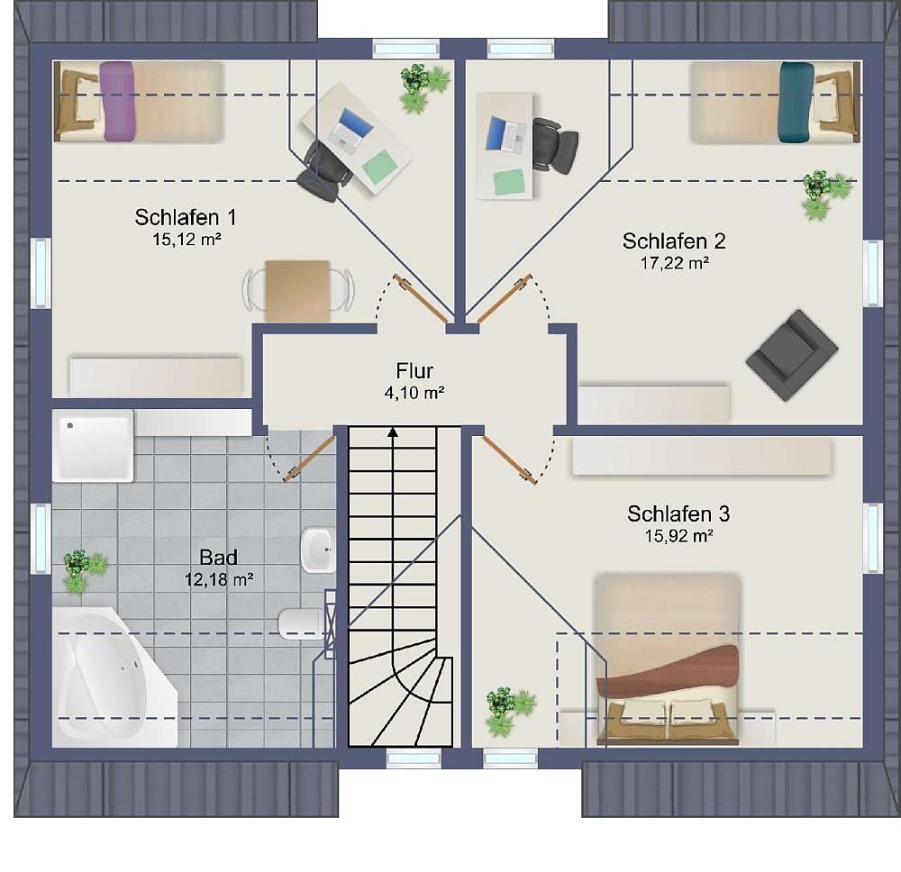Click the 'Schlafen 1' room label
click(186, 217)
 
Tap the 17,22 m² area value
click(675, 263)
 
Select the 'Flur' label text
click(414, 370)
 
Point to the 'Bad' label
click(218, 558)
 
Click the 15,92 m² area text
click(678, 536)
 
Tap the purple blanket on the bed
click(117, 101)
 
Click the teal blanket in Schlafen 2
click(797, 102)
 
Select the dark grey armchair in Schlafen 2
click(792, 355)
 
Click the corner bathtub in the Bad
click(113, 677)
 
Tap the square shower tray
click(93, 446)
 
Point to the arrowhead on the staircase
click(393, 432)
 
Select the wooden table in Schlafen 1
click(297, 291)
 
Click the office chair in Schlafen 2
click(554, 145)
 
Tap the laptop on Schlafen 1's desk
click(347, 129)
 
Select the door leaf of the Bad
click(309, 459)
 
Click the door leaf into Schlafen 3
click(509, 459)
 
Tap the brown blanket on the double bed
click(667, 669)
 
